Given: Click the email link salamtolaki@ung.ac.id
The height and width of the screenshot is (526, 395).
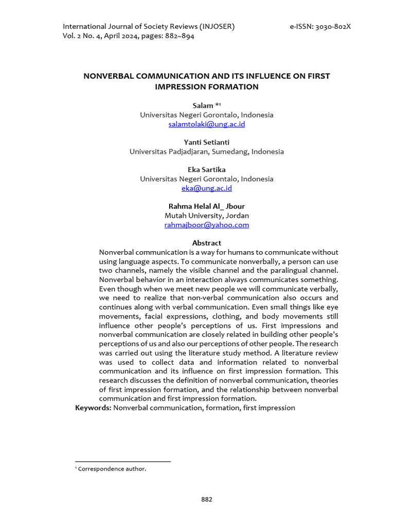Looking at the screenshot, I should coord(206,124).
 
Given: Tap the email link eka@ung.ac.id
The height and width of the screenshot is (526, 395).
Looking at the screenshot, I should coord(206,188).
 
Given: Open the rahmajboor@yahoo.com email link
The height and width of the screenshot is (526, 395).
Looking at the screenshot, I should coord(206,225).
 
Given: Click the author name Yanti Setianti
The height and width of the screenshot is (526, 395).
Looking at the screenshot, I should coord(206,142).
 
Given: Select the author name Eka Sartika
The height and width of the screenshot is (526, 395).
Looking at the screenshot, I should coord(206,170).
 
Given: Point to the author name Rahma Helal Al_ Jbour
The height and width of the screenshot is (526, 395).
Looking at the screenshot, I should coord(206,206).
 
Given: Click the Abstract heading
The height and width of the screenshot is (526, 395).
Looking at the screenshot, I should coord(206,243).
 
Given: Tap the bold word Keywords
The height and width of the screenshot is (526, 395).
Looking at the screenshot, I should coord(93,408).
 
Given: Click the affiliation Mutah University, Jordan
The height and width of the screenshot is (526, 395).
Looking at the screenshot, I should coord(206,216).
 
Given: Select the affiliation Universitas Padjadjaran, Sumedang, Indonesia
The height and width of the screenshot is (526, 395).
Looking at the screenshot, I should coord(206,152).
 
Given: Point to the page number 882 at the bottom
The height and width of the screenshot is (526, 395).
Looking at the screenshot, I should coord(206,499).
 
